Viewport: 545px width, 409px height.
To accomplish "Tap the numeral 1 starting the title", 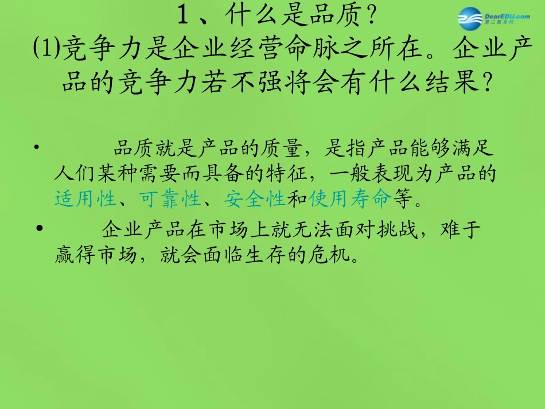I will click(x=183, y=17).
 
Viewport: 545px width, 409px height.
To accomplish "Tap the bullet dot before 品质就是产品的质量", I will click(x=37, y=148).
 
